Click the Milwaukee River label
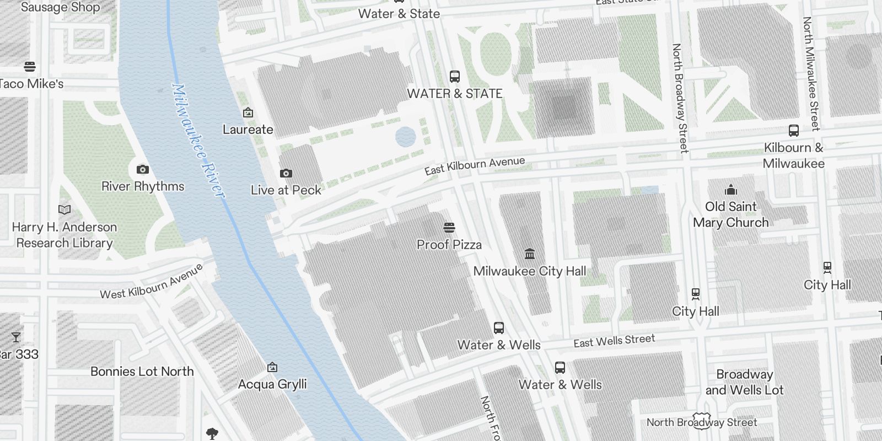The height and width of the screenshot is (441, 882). (x=198, y=141)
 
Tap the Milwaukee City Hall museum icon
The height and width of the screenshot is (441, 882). (x=530, y=254)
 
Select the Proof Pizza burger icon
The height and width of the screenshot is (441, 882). (x=449, y=227)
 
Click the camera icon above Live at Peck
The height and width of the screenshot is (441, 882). (x=286, y=173)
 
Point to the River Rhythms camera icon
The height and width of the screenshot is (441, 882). (x=142, y=169)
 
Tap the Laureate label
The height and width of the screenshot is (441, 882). (x=248, y=130)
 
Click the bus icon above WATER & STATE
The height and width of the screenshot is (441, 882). (x=454, y=77)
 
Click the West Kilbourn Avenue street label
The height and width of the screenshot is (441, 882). (x=152, y=282)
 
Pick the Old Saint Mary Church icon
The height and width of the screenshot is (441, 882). (x=731, y=190)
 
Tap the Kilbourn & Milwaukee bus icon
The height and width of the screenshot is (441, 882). (x=794, y=131)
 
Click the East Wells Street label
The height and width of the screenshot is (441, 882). (x=614, y=341)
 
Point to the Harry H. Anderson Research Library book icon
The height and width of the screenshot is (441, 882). (x=64, y=209)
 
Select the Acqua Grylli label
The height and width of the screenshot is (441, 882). (x=272, y=384)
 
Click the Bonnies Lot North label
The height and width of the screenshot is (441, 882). (x=142, y=372)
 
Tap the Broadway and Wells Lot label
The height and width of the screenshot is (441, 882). (x=744, y=382)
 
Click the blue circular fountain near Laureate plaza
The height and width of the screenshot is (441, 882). (x=406, y=137)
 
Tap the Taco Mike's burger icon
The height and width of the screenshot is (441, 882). (x=30, y=67)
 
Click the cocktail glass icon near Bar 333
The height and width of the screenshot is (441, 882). (x=15, y=337)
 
